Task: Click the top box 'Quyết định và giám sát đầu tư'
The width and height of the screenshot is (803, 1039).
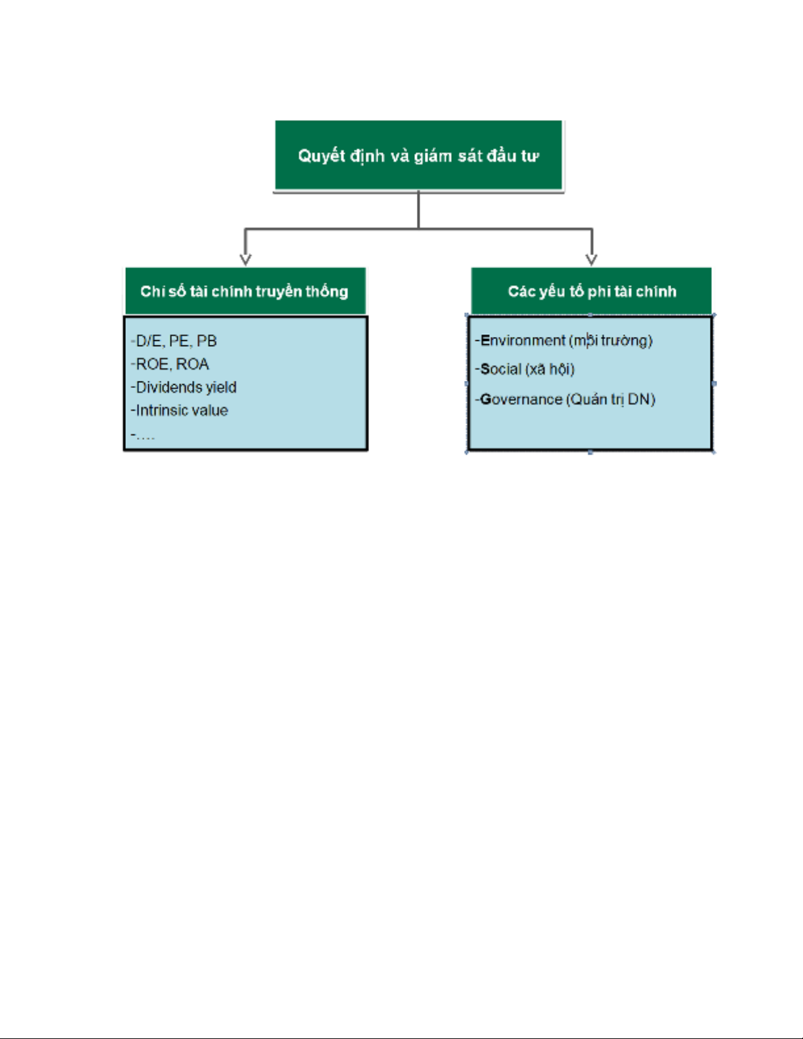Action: (x=418, y=155)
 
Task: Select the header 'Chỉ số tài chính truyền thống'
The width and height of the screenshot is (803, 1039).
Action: (x=245, y=290)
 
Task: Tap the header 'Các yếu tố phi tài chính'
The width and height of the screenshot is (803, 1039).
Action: (x=591, y=290)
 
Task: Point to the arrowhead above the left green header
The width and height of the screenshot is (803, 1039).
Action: (x=245, y=260)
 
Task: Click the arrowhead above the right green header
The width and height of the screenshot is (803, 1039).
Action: (x=591, y=260)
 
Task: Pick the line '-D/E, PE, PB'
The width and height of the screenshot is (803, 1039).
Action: (x=174, y=341)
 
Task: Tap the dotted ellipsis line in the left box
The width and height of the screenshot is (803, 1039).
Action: (x=143, y=435)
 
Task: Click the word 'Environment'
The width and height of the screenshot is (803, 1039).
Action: (x=523, y=340)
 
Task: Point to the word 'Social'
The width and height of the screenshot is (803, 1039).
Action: (x=500, y=369)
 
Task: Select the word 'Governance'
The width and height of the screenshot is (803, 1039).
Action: (x=521, y=399)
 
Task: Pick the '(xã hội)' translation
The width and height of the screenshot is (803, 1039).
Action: (x=550, y=370)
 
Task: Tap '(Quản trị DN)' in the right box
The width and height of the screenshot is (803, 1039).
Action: (x=611, y=400)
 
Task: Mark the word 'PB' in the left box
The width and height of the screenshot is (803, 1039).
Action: (x=207, y=341)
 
